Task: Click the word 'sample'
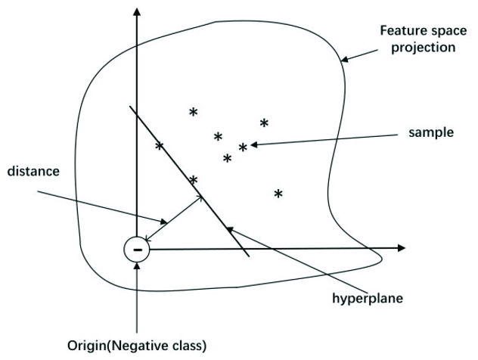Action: [x=430, y=132]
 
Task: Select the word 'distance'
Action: [x=33, y=172]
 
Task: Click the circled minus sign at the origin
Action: [x=137, y=249]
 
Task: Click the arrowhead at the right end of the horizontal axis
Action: [x=401, y=247]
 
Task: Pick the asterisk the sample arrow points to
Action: [x=243, y=147]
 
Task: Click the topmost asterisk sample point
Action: [x=193, y=112]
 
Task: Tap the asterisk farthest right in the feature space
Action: [x=278, y=194]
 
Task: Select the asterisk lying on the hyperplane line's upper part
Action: [x=159, y=145]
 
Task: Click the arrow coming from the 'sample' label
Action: [x=325, y=140]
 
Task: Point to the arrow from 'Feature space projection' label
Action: [x=358, y=54]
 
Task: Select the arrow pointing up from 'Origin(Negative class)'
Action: [x=136, y=295]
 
